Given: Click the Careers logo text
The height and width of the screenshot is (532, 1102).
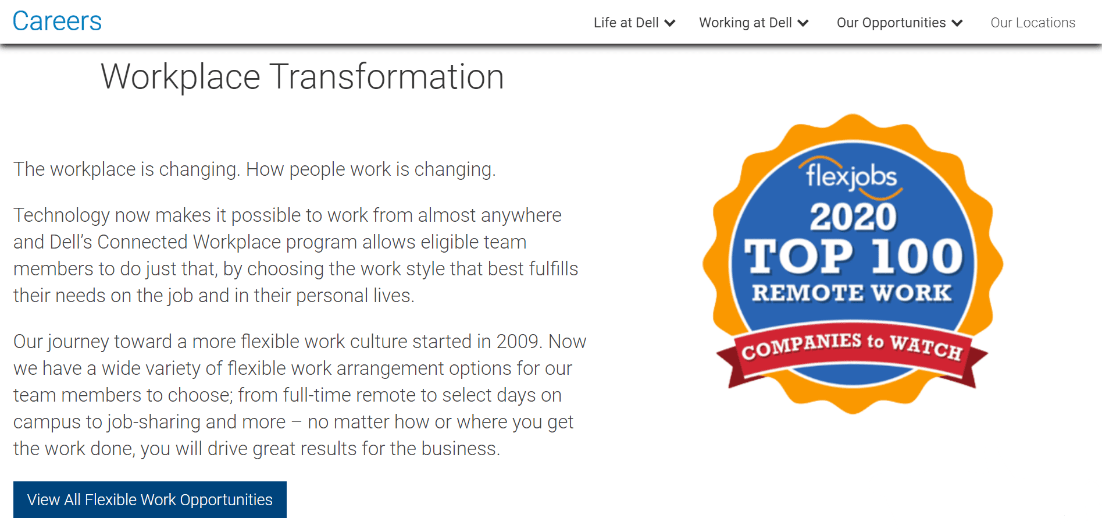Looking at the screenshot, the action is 57,22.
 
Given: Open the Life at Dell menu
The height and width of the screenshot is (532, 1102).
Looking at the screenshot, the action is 634,23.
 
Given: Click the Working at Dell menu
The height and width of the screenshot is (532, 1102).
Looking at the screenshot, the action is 754,23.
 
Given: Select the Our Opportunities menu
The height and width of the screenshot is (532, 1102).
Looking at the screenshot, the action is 900,23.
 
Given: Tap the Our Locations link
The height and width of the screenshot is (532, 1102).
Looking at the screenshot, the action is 1033,23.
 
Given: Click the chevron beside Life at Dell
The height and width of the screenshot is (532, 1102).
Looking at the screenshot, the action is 670,23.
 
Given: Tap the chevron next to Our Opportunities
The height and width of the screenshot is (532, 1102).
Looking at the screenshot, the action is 957,23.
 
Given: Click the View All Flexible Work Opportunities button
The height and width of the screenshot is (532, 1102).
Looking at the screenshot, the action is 150,499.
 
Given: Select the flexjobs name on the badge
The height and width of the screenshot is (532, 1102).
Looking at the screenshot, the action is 851,175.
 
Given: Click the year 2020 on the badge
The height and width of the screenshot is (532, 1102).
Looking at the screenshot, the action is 853,217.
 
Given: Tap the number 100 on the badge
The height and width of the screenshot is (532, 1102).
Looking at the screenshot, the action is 917,256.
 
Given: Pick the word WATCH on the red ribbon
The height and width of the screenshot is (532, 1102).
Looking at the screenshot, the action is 926,347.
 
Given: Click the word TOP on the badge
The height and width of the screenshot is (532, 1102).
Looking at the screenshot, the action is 799,256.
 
